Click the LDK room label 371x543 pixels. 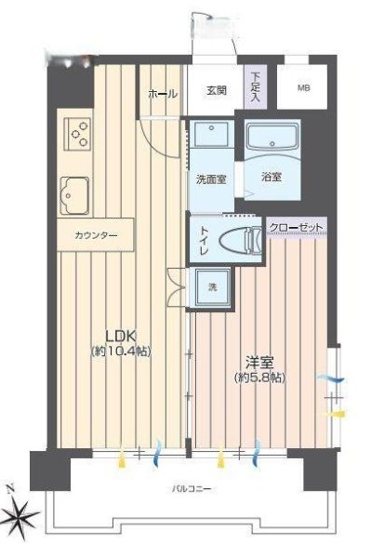(x=120, y=336)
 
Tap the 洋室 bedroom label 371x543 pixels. (x=259, y=363)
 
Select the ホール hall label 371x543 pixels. (x=163, y=94)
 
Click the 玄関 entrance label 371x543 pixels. (x=217, y=90)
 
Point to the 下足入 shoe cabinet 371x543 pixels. (x=256, y=86)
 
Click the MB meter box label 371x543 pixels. (x=303, y=87)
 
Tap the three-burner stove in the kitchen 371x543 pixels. (x=77, y=134)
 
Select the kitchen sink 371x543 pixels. (x=74, y=195)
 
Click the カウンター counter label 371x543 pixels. (x=96, y=235)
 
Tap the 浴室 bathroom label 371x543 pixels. (x=272, y=178)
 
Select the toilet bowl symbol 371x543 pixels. (x=241, y=239)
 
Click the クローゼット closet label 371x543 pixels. (x=297, y=228)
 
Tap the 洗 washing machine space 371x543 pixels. (x=212, y=287)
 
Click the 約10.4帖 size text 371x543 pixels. (x=121, y=351)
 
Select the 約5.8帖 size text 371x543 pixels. (x=259, y=377)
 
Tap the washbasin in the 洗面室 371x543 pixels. (x=211, y=133)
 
